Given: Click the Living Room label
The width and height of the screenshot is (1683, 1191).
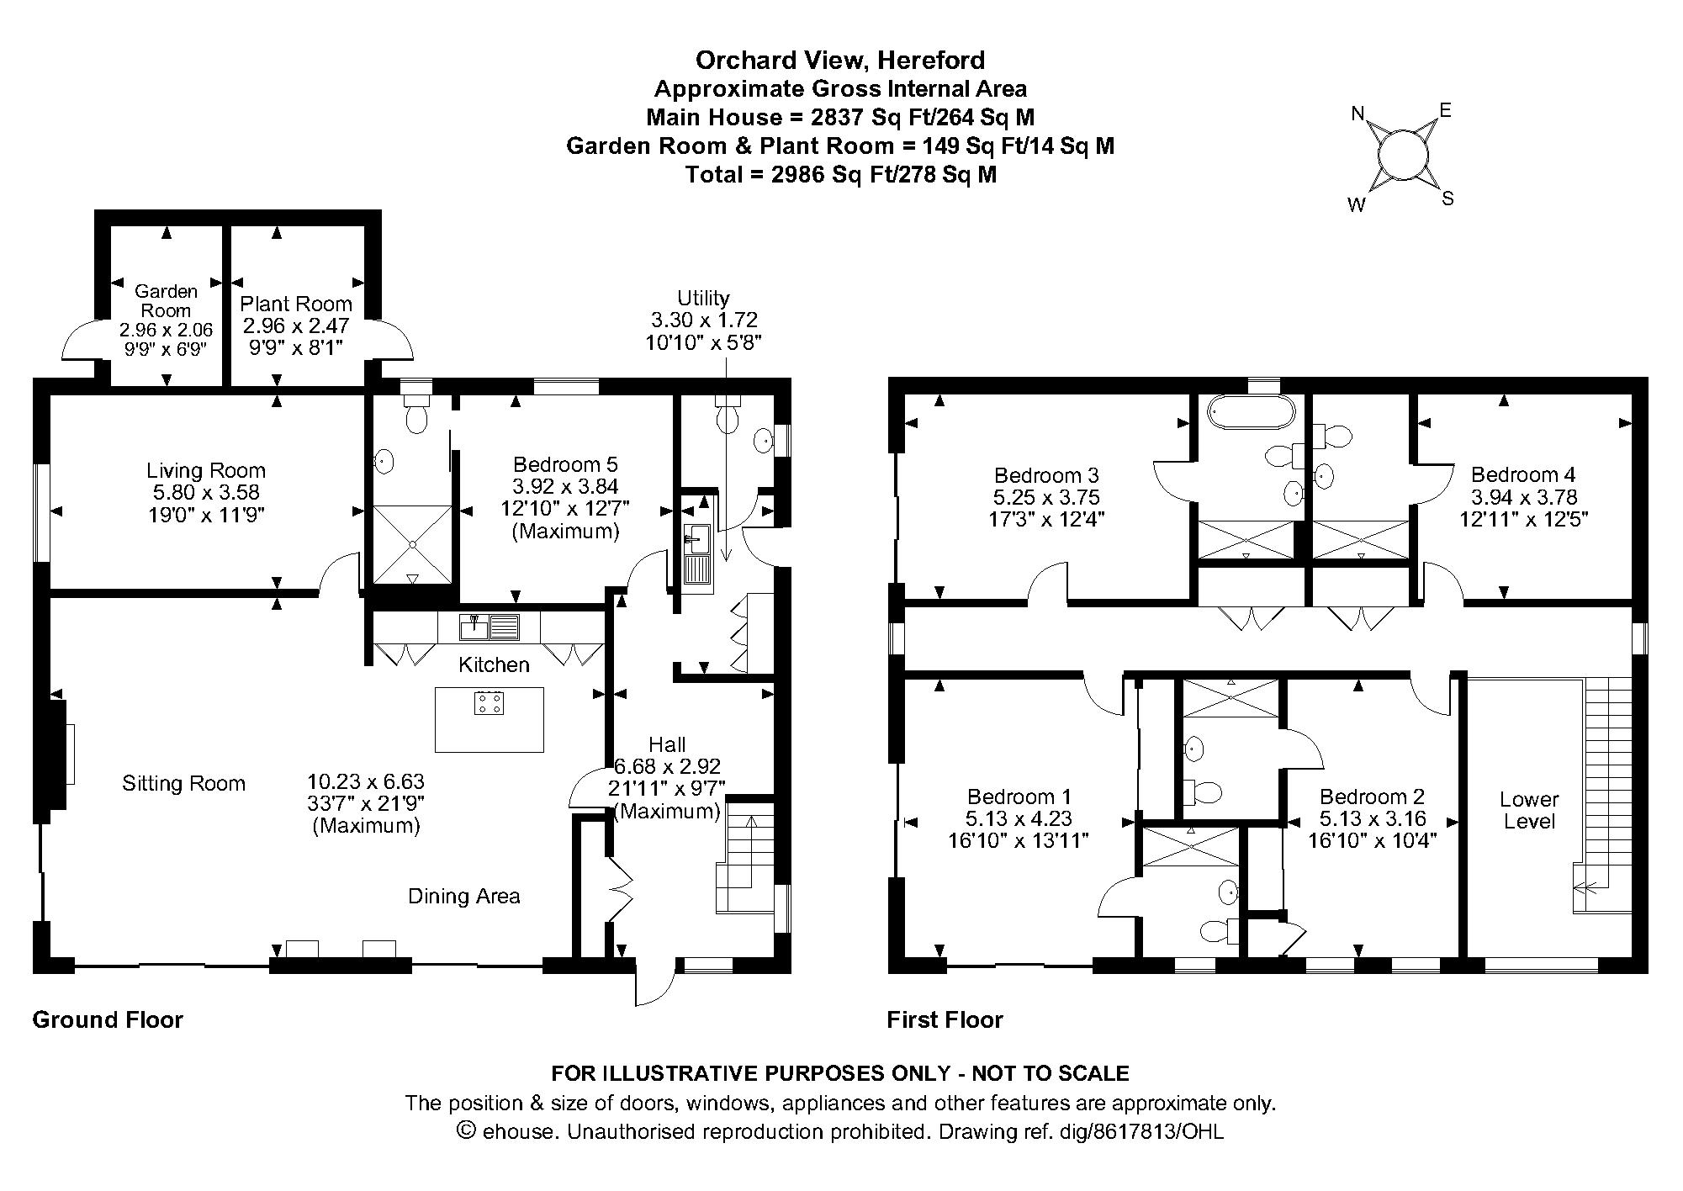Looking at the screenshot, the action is click(x=206, y=471).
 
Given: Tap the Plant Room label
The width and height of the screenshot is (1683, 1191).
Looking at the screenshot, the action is click(x=296, y=304).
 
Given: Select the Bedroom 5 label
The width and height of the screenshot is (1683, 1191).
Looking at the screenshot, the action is click(x=565, y=464).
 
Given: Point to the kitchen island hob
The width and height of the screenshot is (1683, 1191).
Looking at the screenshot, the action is click(x=489, y=702).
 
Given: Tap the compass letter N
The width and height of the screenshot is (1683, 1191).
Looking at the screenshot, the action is click(x=1358, y=114).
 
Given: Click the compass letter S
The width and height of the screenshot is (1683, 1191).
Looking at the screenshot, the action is click(x=1447, y=199).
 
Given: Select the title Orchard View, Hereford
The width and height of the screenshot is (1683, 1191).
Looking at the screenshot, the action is click(x=840, y=60).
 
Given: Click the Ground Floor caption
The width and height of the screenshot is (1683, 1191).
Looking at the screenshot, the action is click(x=108, y=1019).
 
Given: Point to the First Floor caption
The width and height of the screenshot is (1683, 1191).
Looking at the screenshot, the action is click(x=945, y=1019).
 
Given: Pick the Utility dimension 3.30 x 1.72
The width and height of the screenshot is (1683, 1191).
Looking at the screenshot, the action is click(x=704, y=320).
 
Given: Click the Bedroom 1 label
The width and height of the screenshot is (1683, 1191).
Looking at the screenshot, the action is click(x=1019, y=797).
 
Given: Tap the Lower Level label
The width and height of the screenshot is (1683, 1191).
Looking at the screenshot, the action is click(x=1530, y=810).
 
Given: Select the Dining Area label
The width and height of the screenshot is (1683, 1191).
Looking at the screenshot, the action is click(x=464, y=897).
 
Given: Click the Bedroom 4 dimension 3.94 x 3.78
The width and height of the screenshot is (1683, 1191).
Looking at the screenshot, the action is click(x=1524, y=497).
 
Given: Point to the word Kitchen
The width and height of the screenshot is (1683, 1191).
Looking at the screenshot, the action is click(x=494, y=665).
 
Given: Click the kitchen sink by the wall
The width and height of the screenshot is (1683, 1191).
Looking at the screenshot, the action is click(x=490, y=627).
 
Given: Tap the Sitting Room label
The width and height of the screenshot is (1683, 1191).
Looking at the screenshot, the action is click(x=184, y=784).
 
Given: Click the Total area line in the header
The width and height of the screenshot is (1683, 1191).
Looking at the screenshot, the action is click(x=840, y=175).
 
